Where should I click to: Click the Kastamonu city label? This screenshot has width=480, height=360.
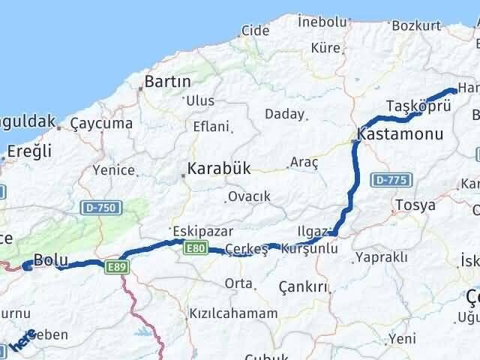[x=400, y=135]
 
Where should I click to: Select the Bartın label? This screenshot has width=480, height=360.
[x=168, y=81]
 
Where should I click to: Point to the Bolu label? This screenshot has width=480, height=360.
[x=52, y=259]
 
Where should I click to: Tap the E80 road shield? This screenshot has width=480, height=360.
[x=194, y=249]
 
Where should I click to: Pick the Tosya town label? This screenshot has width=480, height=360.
[x=415, y=205]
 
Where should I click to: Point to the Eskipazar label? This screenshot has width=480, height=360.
[x=202, y=230]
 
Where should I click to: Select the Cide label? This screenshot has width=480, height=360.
[x=256, y=31]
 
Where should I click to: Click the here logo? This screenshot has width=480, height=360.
[x=22, y=340]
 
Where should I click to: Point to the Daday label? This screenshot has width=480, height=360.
[x=285, y=114]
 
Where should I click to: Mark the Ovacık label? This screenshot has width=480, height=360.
[x=249, y=196]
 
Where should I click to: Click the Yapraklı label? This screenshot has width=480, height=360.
[x=382, y=257]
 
